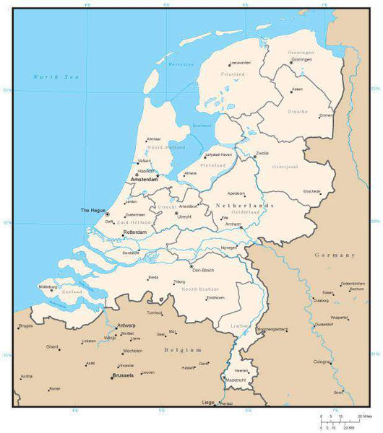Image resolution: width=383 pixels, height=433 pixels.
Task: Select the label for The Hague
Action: coord(92,210)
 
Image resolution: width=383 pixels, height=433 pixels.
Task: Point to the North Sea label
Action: coord(55,76)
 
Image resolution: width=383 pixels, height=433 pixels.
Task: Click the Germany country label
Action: coord(335,255)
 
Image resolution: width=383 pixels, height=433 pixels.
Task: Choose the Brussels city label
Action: coord(122,375)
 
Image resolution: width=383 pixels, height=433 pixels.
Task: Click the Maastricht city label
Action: coord(236,380)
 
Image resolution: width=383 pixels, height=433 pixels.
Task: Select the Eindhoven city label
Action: coord(215,297)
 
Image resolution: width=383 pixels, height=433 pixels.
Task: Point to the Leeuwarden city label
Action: coord(241,63)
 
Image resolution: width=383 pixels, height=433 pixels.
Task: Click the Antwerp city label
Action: coord(126,325)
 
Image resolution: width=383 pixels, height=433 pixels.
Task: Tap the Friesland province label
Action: coord(233,74)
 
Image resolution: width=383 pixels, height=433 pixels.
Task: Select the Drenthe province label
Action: coord(298,112)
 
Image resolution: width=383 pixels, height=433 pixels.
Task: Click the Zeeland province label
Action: coord(73,292)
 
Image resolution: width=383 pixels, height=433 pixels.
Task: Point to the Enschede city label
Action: coord(311,191)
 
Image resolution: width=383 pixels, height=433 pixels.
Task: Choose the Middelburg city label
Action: coord(48,287)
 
